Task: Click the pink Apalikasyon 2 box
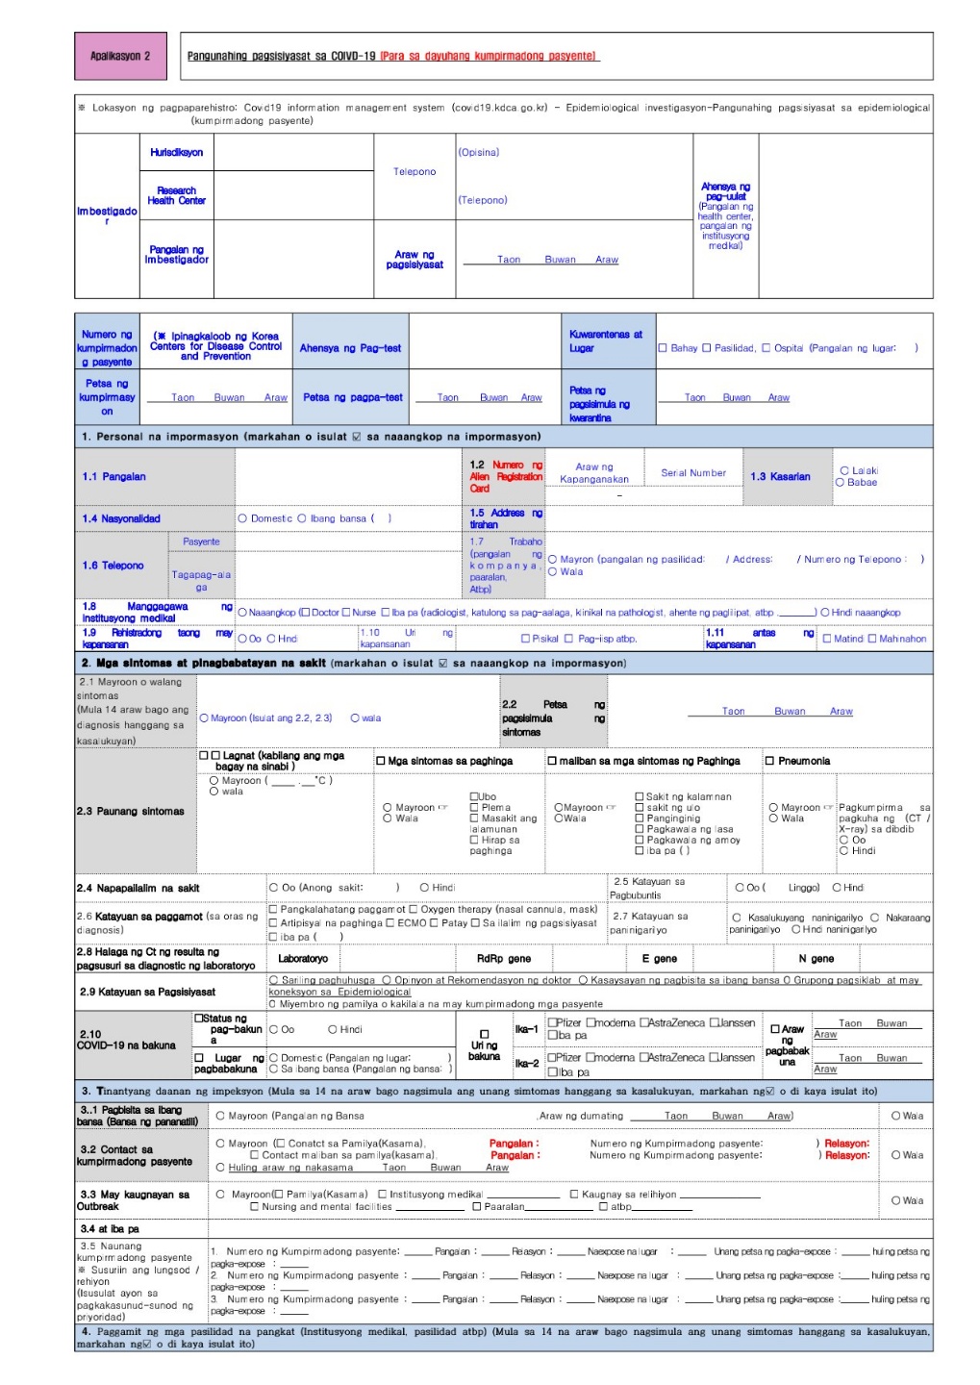tap(120, 56)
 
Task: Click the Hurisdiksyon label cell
tap(176, 152)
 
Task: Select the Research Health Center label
tap(176, 195)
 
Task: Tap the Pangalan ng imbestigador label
tap(176, 254)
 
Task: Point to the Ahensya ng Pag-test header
tap(350, 348)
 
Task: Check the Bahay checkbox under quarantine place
tap(663, 348)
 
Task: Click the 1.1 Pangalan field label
tap(114, 476)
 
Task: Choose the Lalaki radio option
tap(844, 470)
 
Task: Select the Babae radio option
tap(840, 483)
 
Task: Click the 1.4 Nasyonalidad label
tap(121, 518)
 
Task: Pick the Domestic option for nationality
tap(243, 518)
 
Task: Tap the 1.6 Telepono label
tap(113, 566)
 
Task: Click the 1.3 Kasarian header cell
tap(780, 476)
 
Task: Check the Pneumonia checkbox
tap(769, 761)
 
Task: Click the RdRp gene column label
tap(503, 959)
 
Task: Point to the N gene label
tap(816, 959)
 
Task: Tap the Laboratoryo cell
tap(302, 959)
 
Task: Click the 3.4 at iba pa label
tap(110, 1229)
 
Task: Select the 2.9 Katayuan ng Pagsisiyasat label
tap(147, 992)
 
